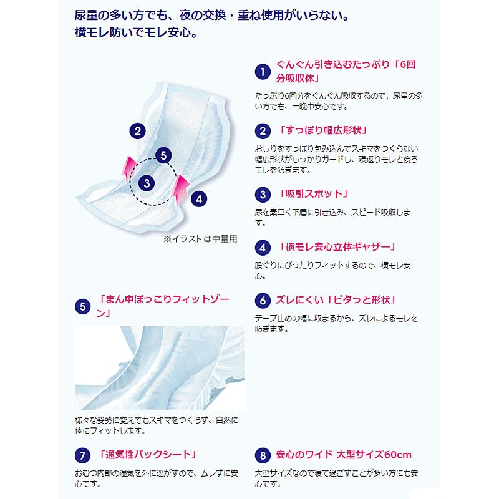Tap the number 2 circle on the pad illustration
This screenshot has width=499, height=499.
[137, 130]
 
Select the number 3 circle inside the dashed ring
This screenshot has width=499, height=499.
[146, 182]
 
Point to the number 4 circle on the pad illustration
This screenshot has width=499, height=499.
[198, 200]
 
